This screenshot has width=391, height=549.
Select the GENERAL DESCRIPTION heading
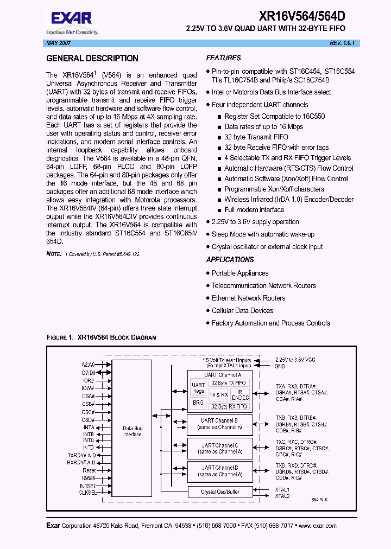pos(92,59)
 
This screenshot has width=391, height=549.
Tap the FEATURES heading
pos(223,58)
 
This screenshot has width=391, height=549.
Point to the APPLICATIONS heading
pos(230,260)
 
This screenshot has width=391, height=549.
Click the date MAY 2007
pos(56,43)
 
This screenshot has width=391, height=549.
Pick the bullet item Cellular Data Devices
pos(242,311)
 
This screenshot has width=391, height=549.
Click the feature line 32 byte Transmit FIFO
pos(256,137)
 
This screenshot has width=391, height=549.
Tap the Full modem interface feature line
pos(254,210)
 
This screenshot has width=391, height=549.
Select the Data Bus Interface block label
pos(132,431)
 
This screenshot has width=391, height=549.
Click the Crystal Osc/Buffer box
pos(219,492)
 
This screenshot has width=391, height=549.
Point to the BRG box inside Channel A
pos(198,403)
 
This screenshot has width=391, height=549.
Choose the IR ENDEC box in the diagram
pos(242,394)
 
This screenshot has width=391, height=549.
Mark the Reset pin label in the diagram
pos(89,470)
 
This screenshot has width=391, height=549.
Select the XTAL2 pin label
pos(282,496)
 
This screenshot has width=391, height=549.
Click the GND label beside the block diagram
pos(280,366)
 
